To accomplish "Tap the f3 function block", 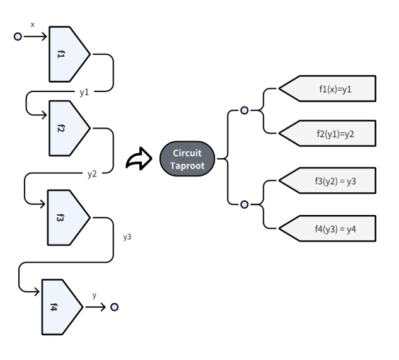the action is (67, 218).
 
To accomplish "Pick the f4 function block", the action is (61, 307).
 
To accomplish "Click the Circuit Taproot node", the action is (187, 159).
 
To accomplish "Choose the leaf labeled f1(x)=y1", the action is (328, 89).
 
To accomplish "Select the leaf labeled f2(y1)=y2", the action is (328, 134).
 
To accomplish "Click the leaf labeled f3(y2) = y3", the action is (328, 180).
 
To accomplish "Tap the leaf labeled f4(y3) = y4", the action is (328, 228).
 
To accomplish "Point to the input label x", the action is (32, 25).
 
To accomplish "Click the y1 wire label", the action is (84, 92).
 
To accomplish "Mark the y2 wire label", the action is (92, 174).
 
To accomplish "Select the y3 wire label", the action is (127, 237).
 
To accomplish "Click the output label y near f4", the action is (95, 295).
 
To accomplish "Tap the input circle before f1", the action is (18, 37).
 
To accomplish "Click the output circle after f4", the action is (115, 307).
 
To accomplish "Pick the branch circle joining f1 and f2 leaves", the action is (245, 110).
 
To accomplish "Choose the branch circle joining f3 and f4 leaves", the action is (245, 204).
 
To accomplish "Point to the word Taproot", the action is (187, 166).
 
